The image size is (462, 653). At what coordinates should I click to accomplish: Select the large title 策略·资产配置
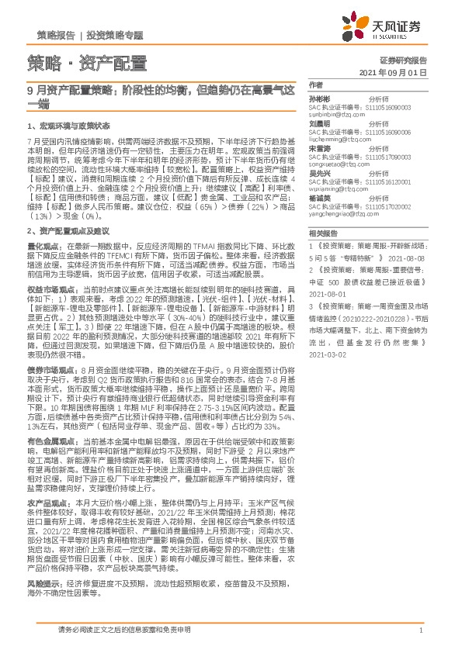coord(86,63)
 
